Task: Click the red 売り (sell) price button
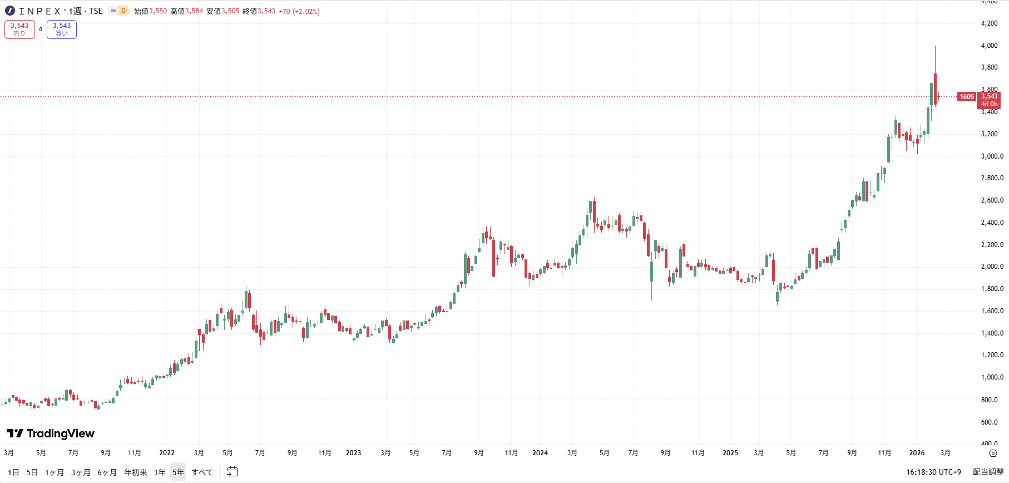point(19,29)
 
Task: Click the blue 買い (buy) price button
point(62,29)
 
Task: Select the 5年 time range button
point(178,472)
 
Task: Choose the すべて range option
point(202,472)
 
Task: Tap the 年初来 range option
point(136,472)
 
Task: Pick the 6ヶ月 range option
point(107,472)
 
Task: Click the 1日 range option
point(13,472)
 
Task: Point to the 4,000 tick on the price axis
point(990,46)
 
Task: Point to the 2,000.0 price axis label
point(992,267)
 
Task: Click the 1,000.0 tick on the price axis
point(992,377)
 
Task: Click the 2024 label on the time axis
point(540,453)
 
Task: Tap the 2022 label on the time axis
point(167,453)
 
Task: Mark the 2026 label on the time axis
point(917,453)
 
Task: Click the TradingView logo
point(51,433)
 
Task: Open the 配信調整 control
point(988,472)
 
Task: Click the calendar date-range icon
point(233,472)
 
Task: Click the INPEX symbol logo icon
point(10,11)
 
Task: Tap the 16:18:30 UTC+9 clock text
point(933,472)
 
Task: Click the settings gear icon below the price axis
point(993,454)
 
